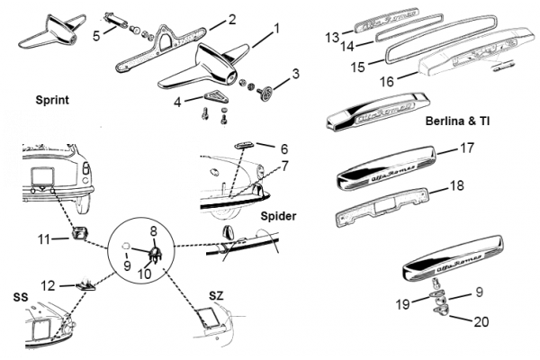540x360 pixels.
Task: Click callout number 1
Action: pos(275,28)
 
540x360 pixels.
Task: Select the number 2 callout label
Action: pos(232,18)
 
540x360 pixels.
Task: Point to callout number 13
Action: pos(332,37)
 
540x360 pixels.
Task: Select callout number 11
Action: pos(43,238)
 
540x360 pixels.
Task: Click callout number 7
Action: pos(284,166)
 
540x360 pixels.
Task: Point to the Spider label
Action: pos(279,217)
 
